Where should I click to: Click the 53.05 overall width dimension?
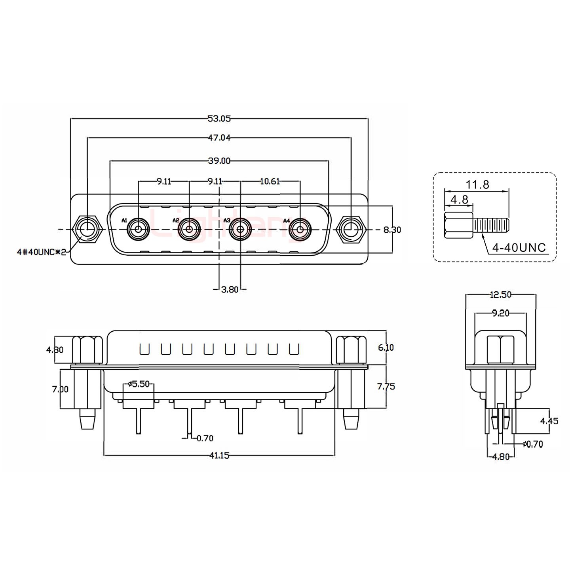[219, 118]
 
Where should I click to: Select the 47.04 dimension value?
[219, 138]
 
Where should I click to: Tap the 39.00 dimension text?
[219, 161]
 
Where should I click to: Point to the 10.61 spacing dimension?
[270, 181]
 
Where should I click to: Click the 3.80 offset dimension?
[230, 289]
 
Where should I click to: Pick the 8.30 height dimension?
[392, 230]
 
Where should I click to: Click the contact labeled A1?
[138, 229]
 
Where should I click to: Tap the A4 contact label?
[287, 220]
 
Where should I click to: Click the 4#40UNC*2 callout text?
[42, 252]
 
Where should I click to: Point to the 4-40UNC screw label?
[519, 248]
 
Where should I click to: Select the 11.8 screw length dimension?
[477, 184]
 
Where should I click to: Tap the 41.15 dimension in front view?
[219, 456]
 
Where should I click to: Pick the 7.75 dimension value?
[386, 386]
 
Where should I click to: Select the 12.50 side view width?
[500, 294]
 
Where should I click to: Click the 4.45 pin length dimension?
[549, 421]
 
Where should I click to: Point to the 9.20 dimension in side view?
[500, 313]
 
